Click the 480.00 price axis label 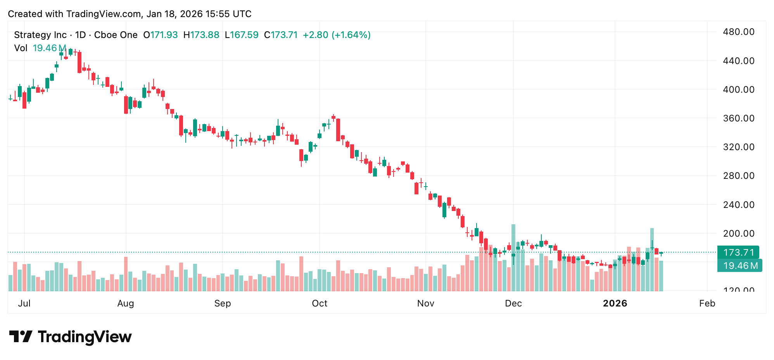[738, 32]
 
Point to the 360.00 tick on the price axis [738, 118]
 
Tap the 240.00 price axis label [738, 205]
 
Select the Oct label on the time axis [320, 303]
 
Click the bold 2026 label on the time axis [615, 303]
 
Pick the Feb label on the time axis [707, 303]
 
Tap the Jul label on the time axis [24, 303]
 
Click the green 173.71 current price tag [738, 253]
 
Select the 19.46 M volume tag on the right [739, 266]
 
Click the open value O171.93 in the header [161, 35]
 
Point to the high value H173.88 [201, 35]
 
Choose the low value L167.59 [242, 35]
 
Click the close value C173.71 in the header [281, 35]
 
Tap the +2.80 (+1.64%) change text [337, 35]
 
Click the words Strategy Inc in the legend [40, 35]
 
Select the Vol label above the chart [21, 48]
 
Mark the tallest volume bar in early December [513, 258]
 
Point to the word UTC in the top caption [242, 14]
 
